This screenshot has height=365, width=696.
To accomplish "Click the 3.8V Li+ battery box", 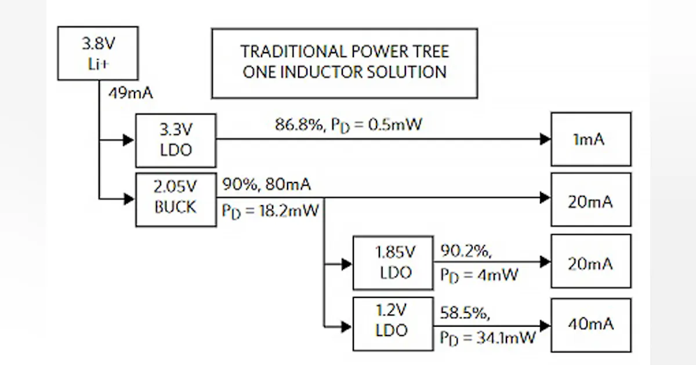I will [97, 53].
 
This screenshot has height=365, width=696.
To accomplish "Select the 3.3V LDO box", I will [176, 141].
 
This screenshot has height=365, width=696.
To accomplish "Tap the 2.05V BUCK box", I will [176, 199].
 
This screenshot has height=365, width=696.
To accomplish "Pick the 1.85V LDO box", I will [393, 262].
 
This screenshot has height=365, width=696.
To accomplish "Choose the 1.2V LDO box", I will [393, 323].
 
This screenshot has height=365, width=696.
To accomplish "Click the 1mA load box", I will [590, 139].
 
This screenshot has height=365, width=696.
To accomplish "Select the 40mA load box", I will [590, 324].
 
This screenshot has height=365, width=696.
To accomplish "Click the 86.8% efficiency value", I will [298, 125].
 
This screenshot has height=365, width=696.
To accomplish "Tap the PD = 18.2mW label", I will [270, 210].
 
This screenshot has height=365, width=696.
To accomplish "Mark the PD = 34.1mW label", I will [487, 338].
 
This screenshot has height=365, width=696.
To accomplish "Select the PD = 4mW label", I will [478, 275].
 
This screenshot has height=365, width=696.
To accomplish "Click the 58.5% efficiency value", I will [464, 314].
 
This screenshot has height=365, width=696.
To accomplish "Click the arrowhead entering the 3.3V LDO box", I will [129, 140].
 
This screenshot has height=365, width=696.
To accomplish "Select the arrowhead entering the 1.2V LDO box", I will [346, 327].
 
